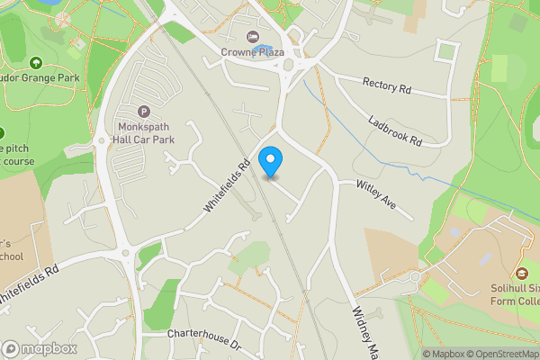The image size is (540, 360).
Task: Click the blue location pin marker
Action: [270, 162]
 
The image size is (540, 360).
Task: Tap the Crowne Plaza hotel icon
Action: [253, 37]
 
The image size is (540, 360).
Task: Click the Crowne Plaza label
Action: [253, 52]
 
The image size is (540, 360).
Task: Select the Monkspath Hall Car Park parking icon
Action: [143, 112]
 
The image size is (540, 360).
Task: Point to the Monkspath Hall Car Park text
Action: [143, 135]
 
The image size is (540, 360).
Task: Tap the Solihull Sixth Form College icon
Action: [521, 274]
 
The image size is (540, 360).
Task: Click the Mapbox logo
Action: [40, 348]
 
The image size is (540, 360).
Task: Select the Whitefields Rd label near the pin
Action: [226, 186]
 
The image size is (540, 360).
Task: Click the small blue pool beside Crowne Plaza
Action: [262, 49]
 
